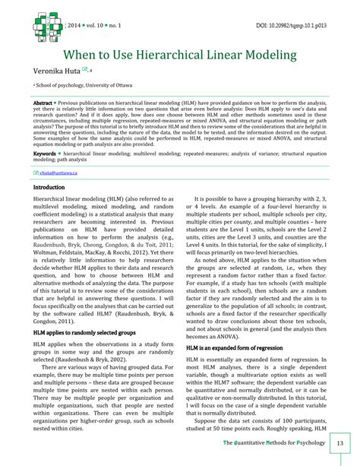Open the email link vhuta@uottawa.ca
[58, 173]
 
